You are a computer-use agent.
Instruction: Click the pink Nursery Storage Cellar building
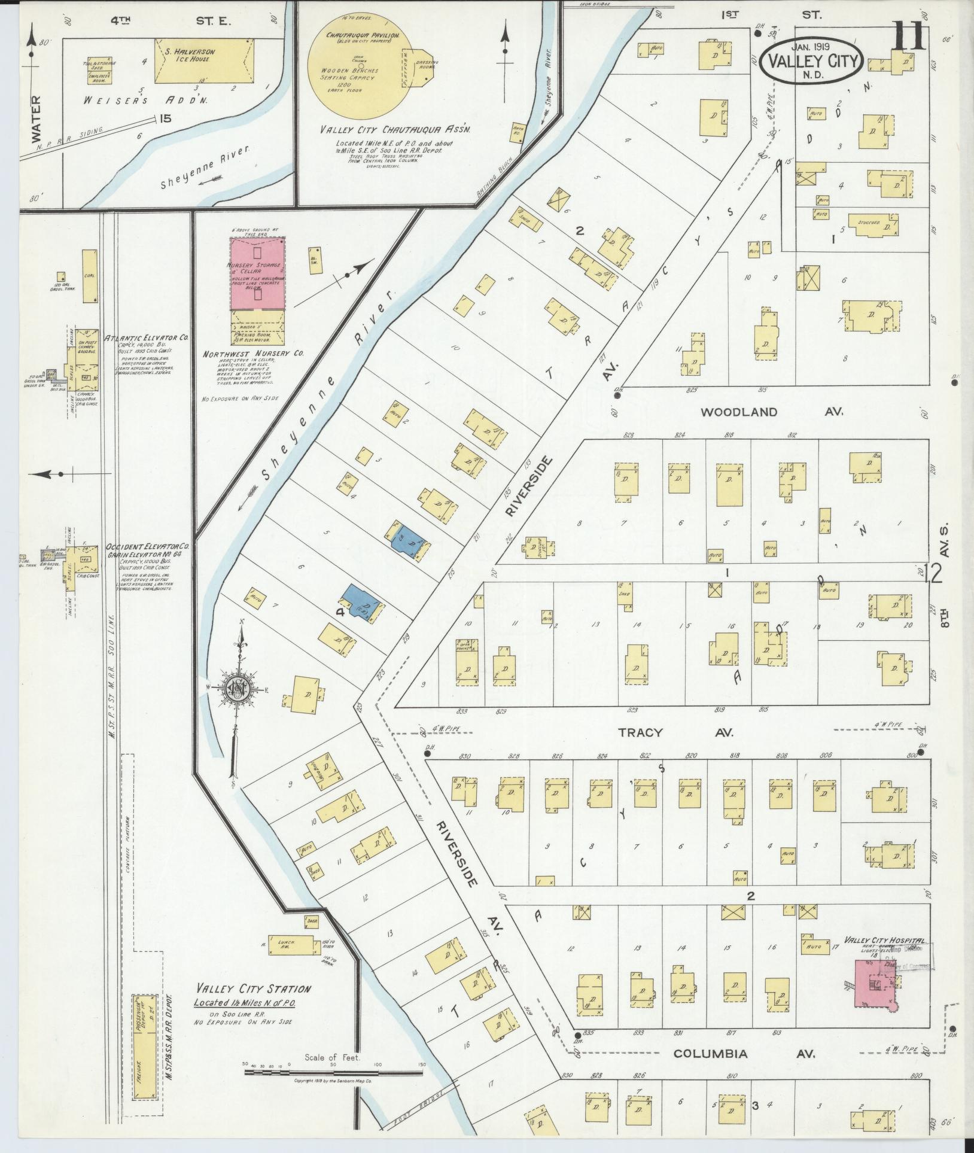[258, 275]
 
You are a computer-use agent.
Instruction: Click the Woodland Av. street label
[772, 412]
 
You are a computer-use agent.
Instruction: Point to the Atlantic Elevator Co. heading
[146, 338]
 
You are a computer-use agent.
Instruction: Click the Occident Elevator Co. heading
[147, 547]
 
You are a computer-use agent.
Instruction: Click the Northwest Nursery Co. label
[253, 354]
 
